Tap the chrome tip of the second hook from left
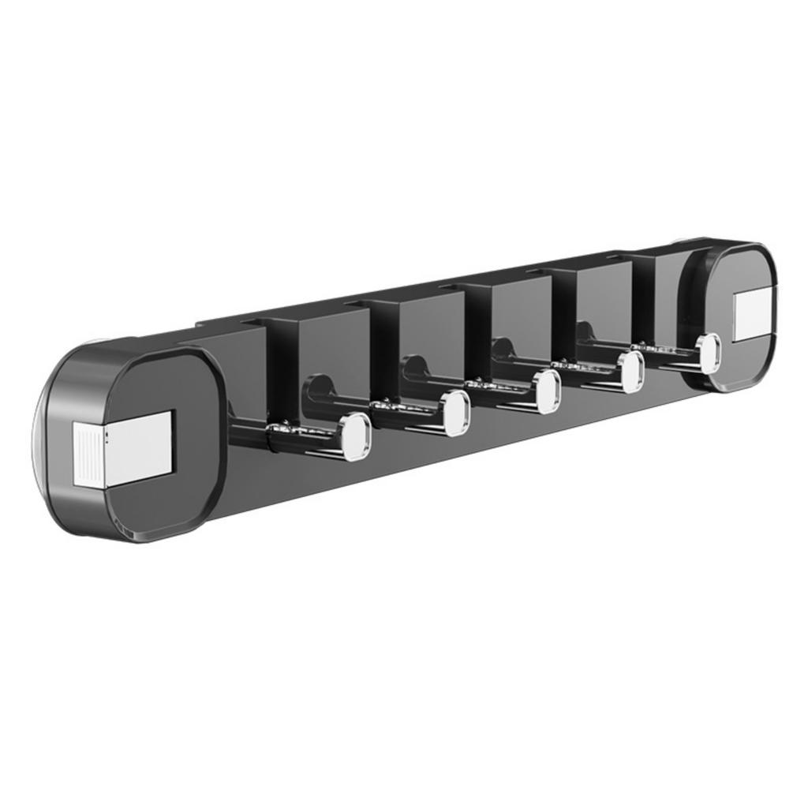point(455,413)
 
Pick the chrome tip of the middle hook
point(546,391)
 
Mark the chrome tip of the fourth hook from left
point(630,372)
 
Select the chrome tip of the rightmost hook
point(709,352)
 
